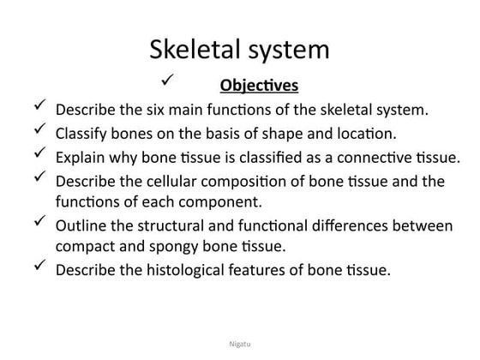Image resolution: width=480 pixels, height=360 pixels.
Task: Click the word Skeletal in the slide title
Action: click(194, 49)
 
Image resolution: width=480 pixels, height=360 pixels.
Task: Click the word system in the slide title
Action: click(287, 49)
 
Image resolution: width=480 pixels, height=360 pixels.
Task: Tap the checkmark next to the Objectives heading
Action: click(168, 81)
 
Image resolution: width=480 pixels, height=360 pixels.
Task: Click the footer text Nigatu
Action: click(239, 344)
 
